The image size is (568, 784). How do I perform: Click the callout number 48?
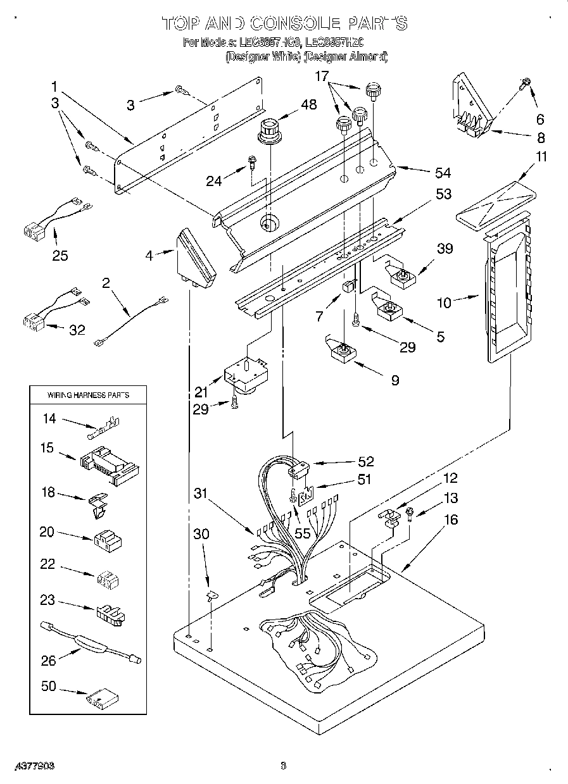tap(309, 106)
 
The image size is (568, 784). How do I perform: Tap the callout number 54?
tap(443, 173)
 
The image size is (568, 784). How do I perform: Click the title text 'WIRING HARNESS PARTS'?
tap(88, 395)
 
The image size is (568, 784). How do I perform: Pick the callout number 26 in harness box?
tap(49, 661)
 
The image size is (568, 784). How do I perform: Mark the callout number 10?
tap(444, 302)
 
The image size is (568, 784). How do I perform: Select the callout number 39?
tap(445, 249)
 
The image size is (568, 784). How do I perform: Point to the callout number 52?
tap(365, 462)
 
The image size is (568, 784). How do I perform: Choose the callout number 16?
tap(450, 520)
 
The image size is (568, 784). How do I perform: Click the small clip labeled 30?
tap(210, 595)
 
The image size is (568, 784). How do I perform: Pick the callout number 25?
tap(60, 256)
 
